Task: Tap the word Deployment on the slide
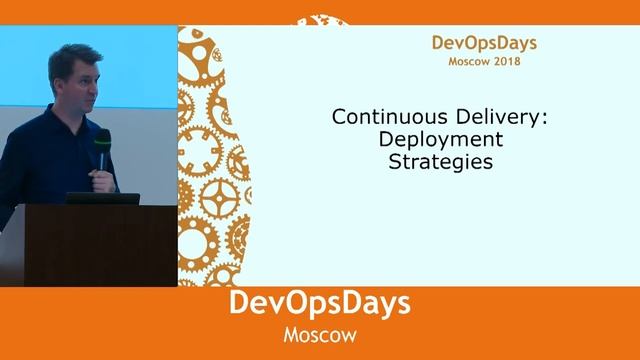[x=441, y=139]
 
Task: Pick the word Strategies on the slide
[x=441, y=160]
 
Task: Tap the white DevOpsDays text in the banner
[x=320, y=304]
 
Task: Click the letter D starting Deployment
[x=392, y=139]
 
